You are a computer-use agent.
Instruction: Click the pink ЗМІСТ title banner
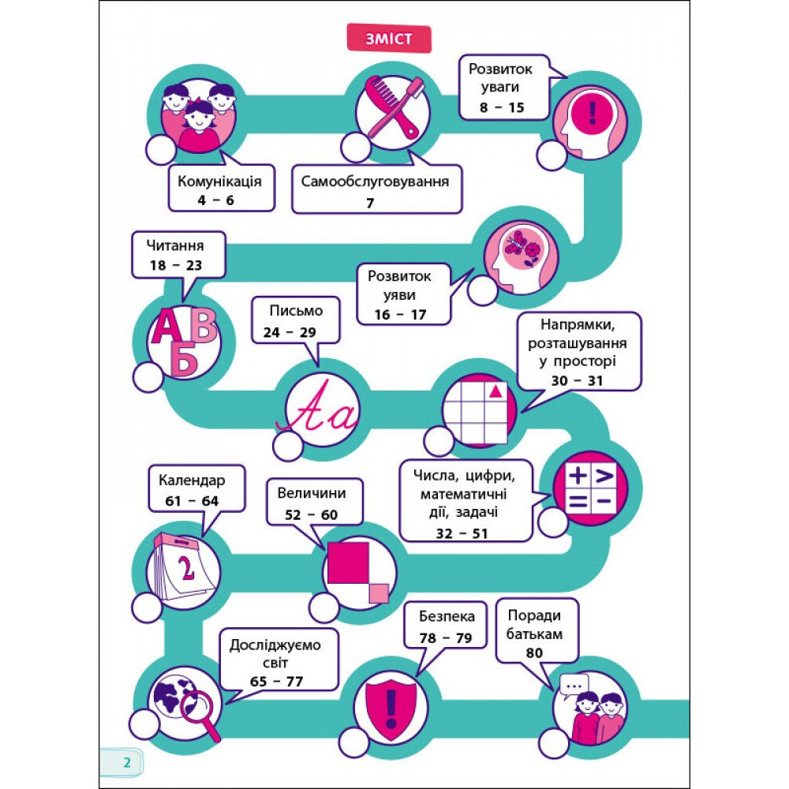pyautogui.click(x=389, y=39)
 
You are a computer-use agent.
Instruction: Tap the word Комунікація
pyautogui.click(x=219, y=181)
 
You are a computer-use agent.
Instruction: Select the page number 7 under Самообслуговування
pyautogui.click(x=370, y=203)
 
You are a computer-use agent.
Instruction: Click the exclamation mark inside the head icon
pyautogui.click(x=593, y=113)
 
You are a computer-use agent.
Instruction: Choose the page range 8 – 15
pyautogui.click(x=502, y=107)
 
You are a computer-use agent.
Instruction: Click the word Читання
pyautogui.click(x=175, y=245)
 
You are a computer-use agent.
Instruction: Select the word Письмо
pyautogui.click(x=296, y=310)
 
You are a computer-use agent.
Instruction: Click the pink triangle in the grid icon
pyautogui.click(x=495, y=390)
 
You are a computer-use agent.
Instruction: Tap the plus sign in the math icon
pyautogui.click(x=578, y=475)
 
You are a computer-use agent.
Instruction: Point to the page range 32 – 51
pyautogui.click(x=462, y=533)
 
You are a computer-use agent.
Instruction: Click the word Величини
pyautogui.click(x=312, y=492)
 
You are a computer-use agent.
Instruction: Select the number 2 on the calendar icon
pyautogui.click(x=186, y=569)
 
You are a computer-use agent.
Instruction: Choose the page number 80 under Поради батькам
pyautogui.click(x=534, y=653)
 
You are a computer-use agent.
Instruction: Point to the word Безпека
pyautogui.click(x=447, y=616)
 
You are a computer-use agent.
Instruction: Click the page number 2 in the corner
pyautogui.click(x=127, y=762)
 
